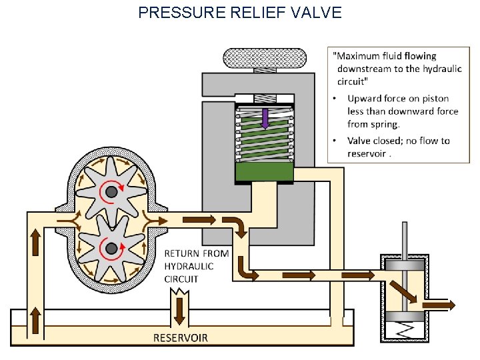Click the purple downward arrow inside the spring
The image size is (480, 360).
(265, 119)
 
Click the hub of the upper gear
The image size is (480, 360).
(111, 192)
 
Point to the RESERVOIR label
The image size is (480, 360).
(181, 337)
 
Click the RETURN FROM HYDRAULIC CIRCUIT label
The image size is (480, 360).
(196, 266)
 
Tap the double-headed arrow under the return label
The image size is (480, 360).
(179, 310)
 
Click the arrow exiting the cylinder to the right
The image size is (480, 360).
(441, 305)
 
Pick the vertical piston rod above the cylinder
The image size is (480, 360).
(405, 238)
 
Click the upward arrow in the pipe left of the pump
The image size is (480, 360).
(34, 244)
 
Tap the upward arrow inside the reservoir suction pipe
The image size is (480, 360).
(34, 321)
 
